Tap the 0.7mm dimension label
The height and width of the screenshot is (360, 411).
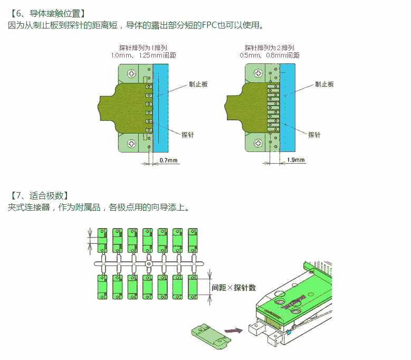168,160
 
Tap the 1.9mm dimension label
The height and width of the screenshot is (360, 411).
295,160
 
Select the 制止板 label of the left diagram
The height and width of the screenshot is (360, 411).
198,84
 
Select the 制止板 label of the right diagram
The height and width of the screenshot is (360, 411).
324,84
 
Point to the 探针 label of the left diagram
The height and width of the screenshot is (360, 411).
187,135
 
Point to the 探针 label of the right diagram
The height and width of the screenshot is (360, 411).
314,135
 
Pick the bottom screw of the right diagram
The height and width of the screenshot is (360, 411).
259,143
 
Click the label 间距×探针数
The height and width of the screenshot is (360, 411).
234,288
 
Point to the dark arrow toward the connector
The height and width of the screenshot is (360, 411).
233,330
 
